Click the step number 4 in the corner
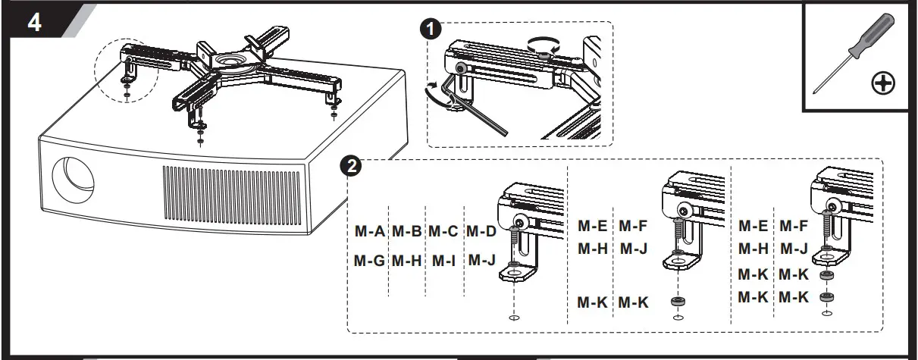tap(34, 23)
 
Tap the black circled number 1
tap(431, 30)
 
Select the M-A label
tap(370, 230)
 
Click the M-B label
tap(407, 230)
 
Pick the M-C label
tap(443, 230)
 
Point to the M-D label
tap(481, 230)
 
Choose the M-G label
tap(370, 261)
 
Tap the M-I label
tap(443, 261)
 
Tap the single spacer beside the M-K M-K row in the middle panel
tap(676, 302)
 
